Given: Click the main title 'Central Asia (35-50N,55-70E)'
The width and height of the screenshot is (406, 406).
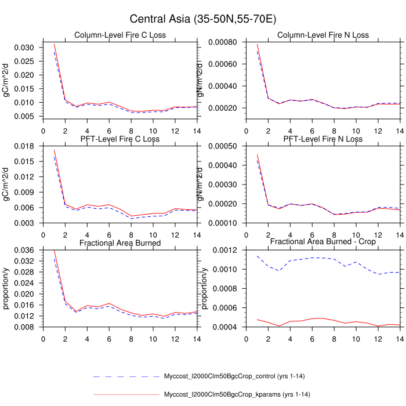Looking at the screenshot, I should click(203, 19).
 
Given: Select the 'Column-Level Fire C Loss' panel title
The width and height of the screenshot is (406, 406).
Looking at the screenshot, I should click(120, 35).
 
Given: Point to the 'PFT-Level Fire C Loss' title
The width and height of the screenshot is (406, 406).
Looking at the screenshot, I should click(120, 139).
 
